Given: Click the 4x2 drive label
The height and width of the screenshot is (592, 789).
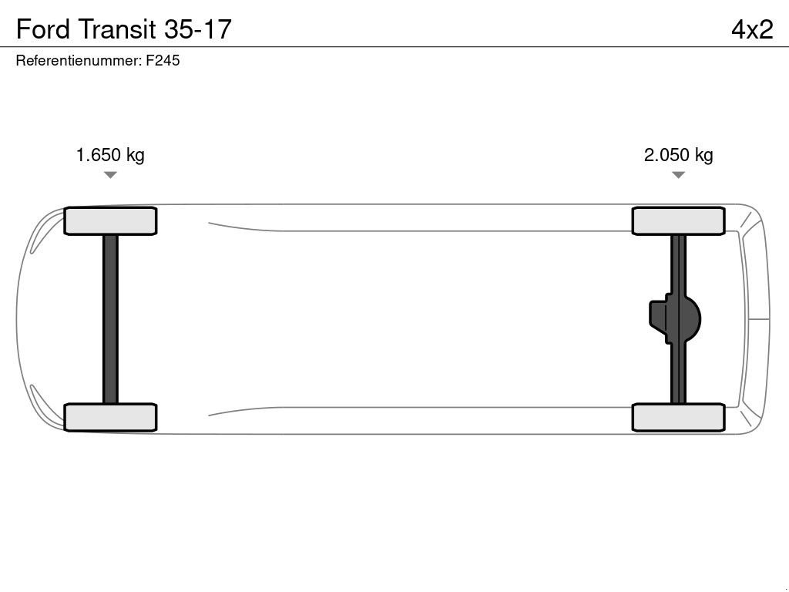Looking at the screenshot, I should pos(751,29).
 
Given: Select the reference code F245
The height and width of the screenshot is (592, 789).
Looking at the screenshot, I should pos(163,60).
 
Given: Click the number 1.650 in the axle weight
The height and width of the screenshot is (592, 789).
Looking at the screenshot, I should pos(98,155).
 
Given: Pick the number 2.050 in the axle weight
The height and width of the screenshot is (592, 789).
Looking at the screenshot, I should pos(666,155).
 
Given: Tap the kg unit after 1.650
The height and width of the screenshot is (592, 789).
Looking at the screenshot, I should pos(135,155).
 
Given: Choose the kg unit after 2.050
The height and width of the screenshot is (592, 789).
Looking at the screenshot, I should pos(703,155).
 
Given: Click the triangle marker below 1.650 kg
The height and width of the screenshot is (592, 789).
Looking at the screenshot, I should pos(110,175).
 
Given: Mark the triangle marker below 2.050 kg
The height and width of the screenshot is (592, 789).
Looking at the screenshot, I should pos(678,175).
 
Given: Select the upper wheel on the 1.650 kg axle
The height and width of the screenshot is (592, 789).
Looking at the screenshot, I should pos(110,221).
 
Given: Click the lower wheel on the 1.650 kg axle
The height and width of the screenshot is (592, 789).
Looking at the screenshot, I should pos(110,417).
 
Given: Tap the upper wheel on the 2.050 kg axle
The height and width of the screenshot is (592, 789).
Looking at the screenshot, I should pos(678,221).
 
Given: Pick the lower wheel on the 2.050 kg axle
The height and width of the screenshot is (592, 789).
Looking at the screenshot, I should pos(678,417).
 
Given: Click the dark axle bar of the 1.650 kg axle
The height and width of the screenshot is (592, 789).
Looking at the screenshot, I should pos(110,319).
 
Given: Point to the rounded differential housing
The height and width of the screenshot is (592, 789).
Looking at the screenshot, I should pos(691,319).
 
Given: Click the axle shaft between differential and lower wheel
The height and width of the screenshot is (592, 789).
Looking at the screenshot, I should pos(678,374).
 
